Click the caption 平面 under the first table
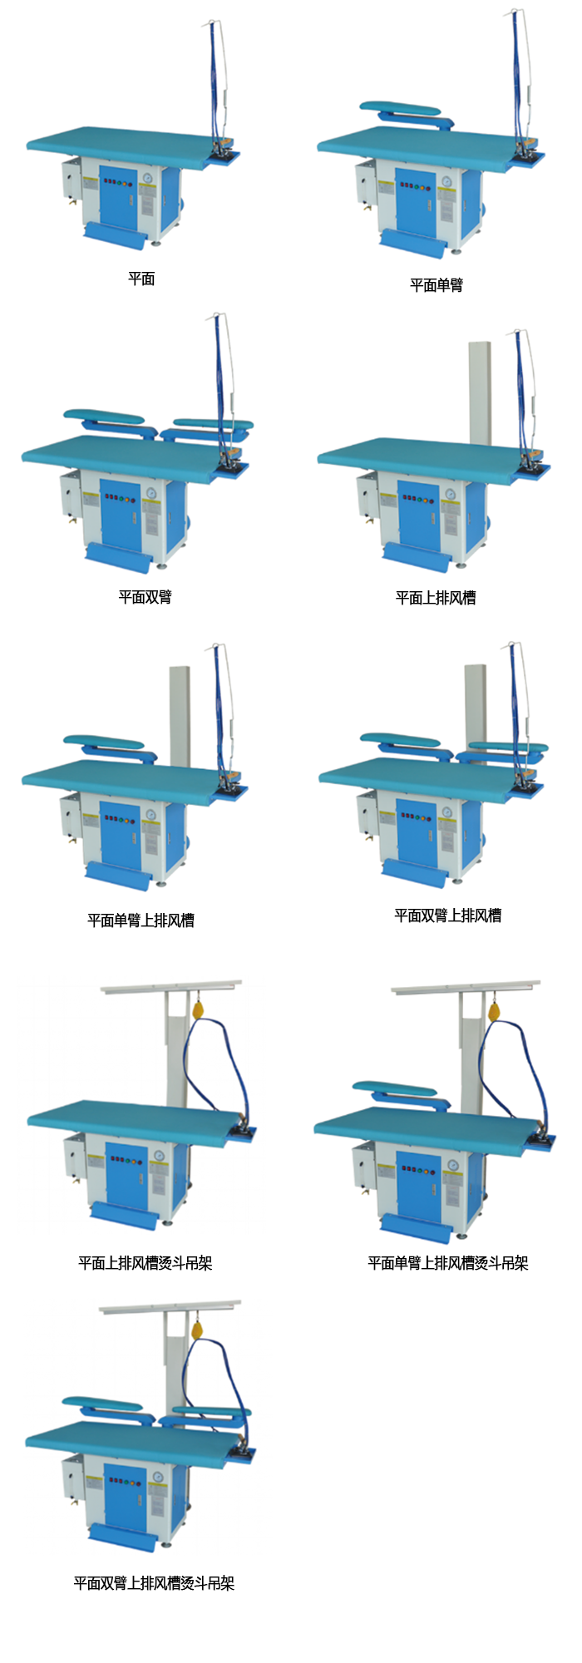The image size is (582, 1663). pos(141,279)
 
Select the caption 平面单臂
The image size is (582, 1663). pos(436,285)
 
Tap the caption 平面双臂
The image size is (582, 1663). pos(145,597)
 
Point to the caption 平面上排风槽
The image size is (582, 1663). pos(436,597)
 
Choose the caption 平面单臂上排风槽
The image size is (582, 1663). pos(141,920)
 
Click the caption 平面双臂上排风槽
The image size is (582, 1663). pos(448,915)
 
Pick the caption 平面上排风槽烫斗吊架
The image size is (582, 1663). pos(145,1263)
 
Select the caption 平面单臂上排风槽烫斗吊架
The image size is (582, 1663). pos(448,1263)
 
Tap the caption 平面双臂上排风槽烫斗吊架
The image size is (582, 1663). pos(154,1583)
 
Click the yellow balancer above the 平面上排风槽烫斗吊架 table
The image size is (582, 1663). pos(200,1010)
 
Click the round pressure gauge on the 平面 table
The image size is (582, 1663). pos(148,178)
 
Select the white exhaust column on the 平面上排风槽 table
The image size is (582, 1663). pos(481,392)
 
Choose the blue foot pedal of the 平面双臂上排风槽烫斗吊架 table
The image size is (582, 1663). pos(121,1537)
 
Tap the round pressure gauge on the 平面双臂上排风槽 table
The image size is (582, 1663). pos(447,812)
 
